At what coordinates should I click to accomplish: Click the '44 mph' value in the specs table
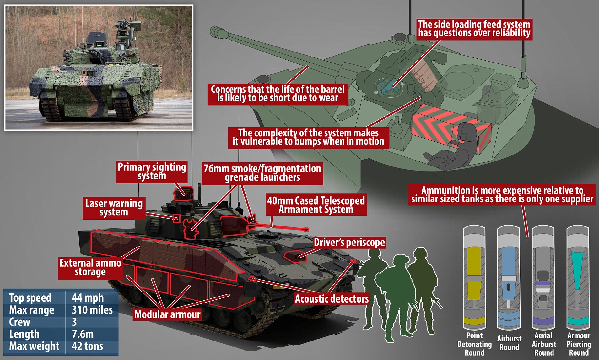[x=88, y=297]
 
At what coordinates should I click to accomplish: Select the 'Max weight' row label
[x=34, y=346]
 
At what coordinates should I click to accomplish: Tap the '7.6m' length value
[x=83, y=334]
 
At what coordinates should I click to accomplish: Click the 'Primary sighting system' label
[x=152, y=172]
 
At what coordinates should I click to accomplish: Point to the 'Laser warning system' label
[x=114, y=208]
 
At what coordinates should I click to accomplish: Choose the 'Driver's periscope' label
[x=349, y=243]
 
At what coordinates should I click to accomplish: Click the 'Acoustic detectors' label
[x=332, y=299]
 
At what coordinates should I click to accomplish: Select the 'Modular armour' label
[x=167, y=314]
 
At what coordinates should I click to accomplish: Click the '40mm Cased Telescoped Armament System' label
[x=316, y=205]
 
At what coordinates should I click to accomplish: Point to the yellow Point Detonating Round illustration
[x=474, y=278]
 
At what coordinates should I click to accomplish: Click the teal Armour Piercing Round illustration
[x=578, y=278]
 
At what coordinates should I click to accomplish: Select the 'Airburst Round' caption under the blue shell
[x=509, y=343]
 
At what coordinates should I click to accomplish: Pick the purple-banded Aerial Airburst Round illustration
[x=543, y=278]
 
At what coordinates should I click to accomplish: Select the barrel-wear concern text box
[x=278, y=94]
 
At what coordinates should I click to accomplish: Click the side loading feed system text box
[x=474, y=29]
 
